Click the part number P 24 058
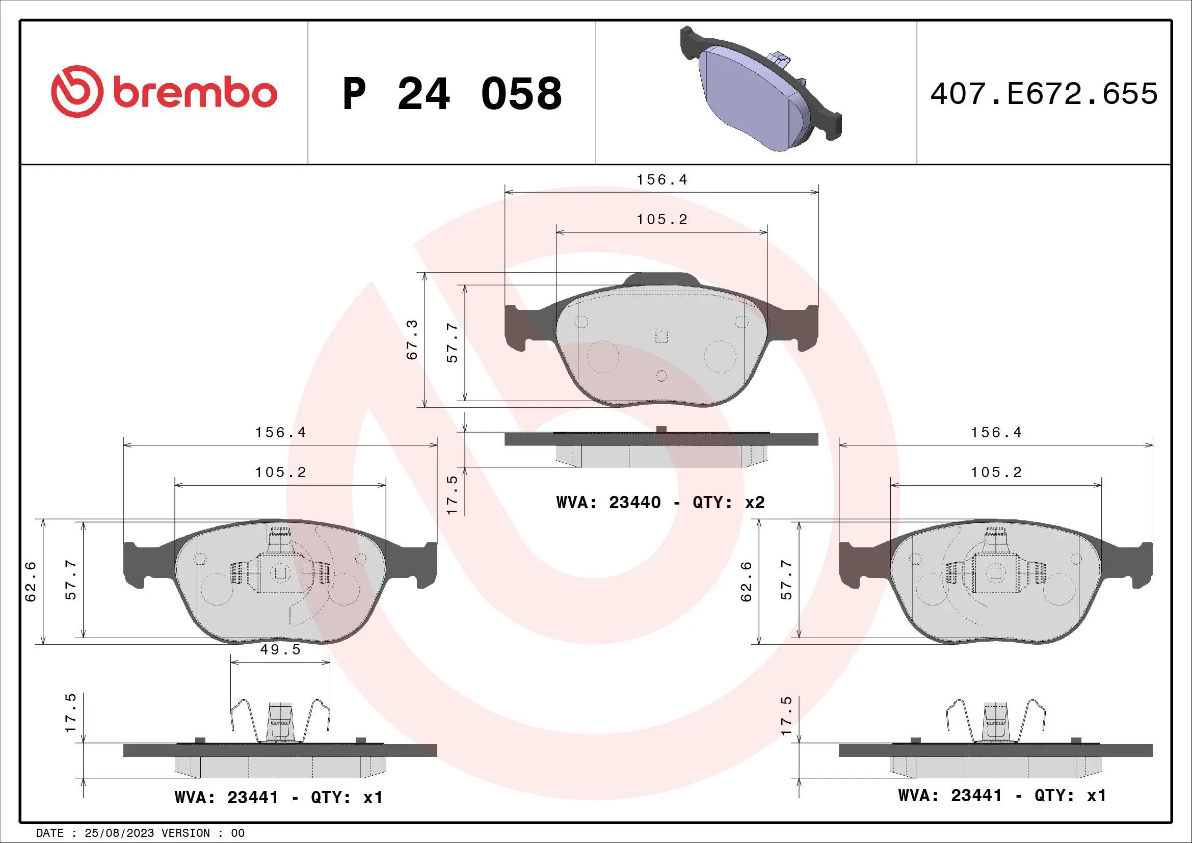pyautogui.click(x=452, y=94)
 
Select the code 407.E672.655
pyautogui.click(x=1044, y=94)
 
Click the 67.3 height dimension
pyautogui.click(x=412, y=340)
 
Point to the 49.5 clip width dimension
pyautogui.click(x=280, y=650)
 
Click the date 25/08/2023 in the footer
pyautogui.click(x=119, y=833)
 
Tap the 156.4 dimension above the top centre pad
pyautogui.click(x=662, y=180)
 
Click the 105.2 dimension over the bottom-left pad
pyautogui.click(x=280, y=472)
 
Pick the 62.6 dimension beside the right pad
pyautogui.click(x=746, y=582)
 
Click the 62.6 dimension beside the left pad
pyautogui.click(x=31, y=582)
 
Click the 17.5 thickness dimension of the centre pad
pyautogui.click(x=453, y=495)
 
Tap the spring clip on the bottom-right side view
pyautogui.click(x=996, y=722)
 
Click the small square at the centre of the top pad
pyautogui.click(x=661, y=336)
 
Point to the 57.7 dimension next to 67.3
pyautogui.click(x=453, y=343)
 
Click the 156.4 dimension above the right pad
pyautogui.click(x=996, y=433)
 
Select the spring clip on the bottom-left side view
pyautogui.click(x=280, y=722)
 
